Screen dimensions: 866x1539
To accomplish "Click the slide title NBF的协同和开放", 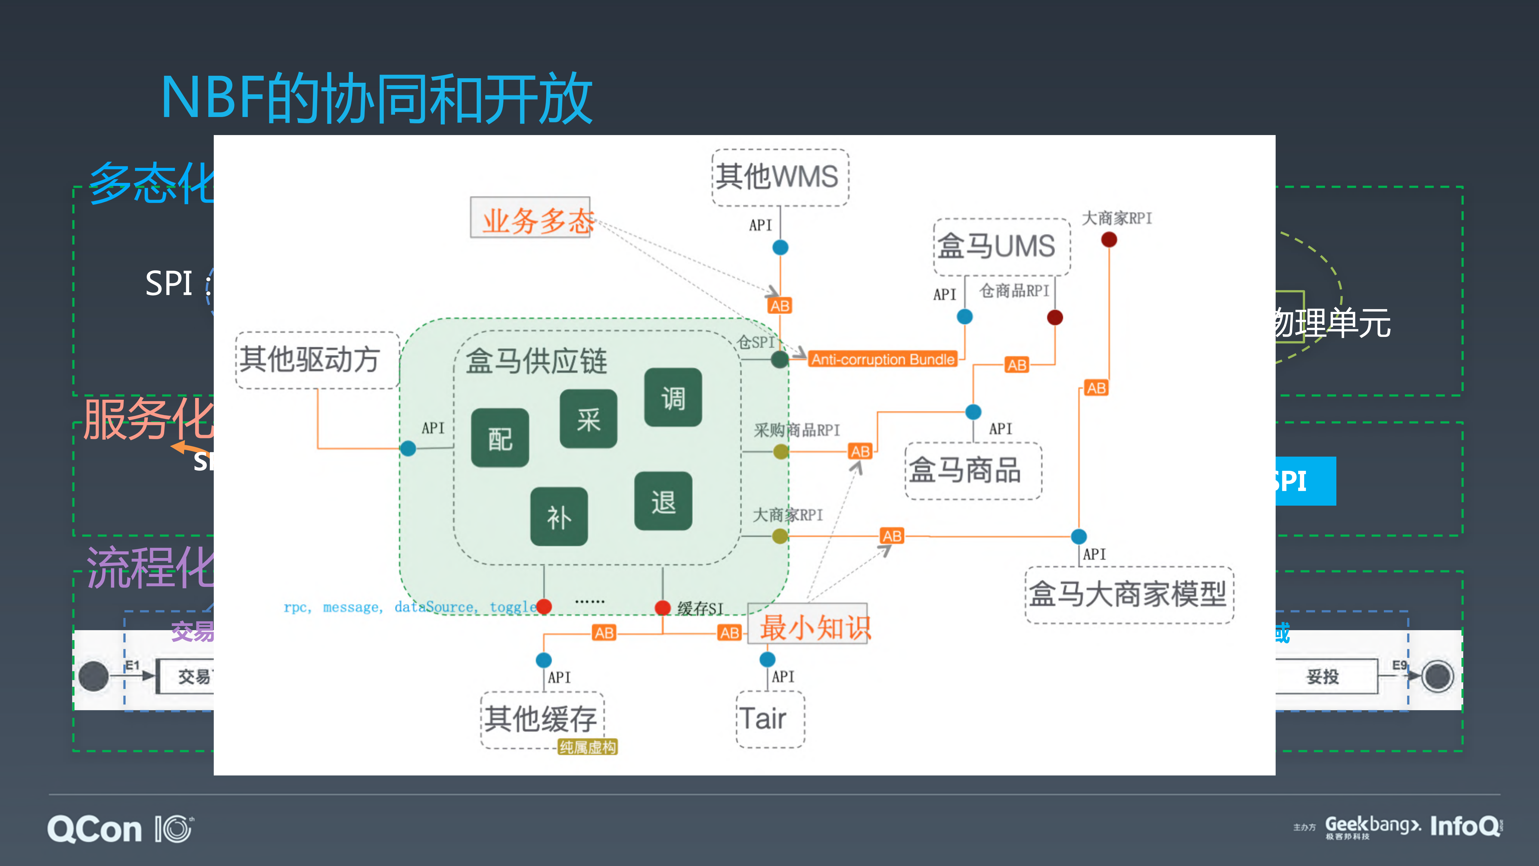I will pyautogui.click(x=376, y=99).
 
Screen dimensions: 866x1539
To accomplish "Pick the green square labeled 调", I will pyautogui.click(x=673, y=397).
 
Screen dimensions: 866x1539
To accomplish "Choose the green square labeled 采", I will pyautogui.click(x=588, y=419).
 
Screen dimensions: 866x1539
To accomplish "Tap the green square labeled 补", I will pyautogui.click(x=559, y=516).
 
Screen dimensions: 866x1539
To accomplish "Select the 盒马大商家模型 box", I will pyautogui.click(x=1129, y=595).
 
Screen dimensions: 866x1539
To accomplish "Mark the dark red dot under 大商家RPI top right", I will pyautogui.click(x=1108, y=240).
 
